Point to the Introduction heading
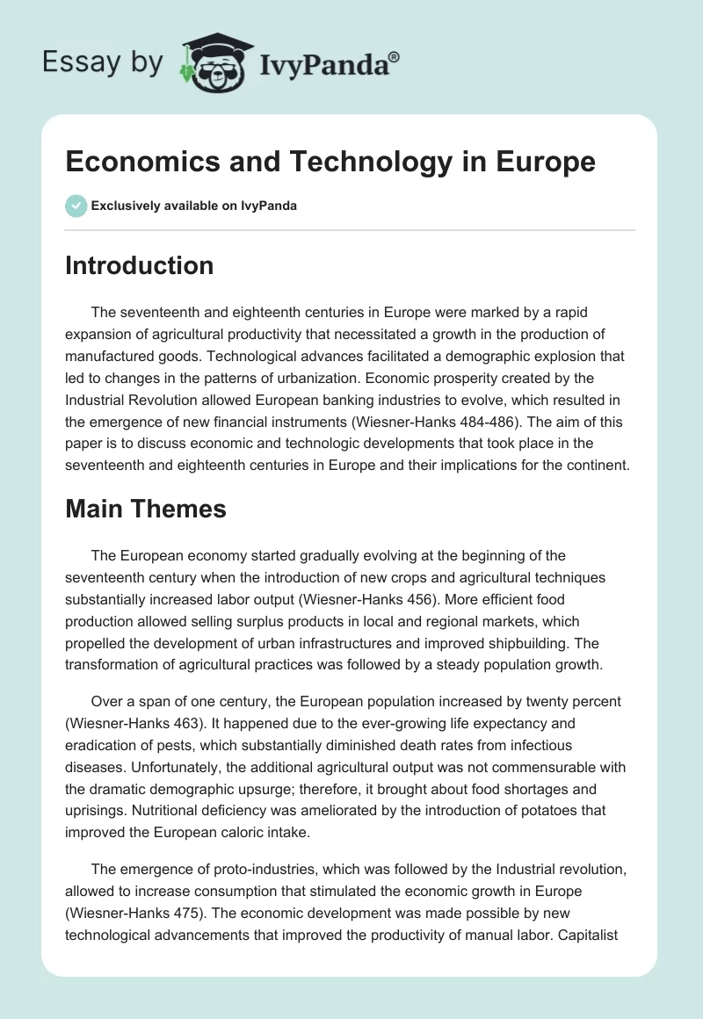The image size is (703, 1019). (x=139, y=265)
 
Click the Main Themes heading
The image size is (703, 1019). (x=146, y=508)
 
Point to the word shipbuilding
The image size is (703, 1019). (x=530, y=641)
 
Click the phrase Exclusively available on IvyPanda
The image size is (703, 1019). (x=194, y=206)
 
